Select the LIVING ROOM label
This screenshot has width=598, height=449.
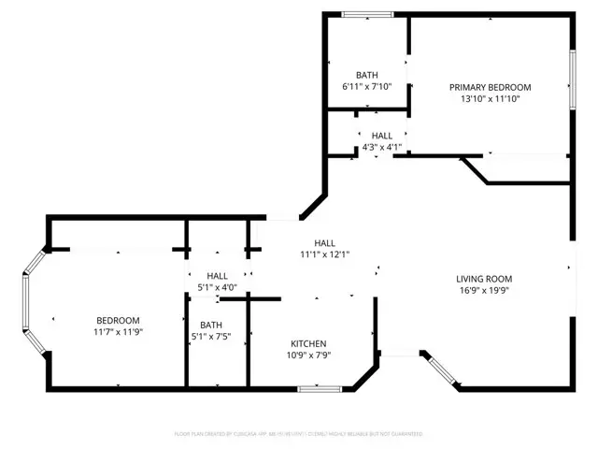click(x=483, y=279)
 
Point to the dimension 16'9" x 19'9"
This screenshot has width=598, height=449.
click(x=483, y=290)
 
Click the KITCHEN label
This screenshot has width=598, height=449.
click(x=308, y=343)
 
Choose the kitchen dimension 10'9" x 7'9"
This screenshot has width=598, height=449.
click(x=308, y=355)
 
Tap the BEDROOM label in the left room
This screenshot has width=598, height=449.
click(x=117, y=320)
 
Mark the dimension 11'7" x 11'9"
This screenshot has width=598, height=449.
click(x=117, y=331)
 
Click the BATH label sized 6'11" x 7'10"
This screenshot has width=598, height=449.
click(x=366, y=75)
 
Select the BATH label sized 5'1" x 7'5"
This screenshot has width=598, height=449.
click(x=210, y=325)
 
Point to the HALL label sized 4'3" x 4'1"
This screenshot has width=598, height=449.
click(x=381, y=136)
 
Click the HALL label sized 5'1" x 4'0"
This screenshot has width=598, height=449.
click(x=217, y=275)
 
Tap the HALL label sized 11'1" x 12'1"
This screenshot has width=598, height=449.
click(x=324, y=242)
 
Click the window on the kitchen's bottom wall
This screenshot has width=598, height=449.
click(x=326, y=387)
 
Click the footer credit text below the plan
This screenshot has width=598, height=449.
click(x=299, y=434)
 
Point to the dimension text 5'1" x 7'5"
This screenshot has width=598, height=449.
click(x=210, y=337)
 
